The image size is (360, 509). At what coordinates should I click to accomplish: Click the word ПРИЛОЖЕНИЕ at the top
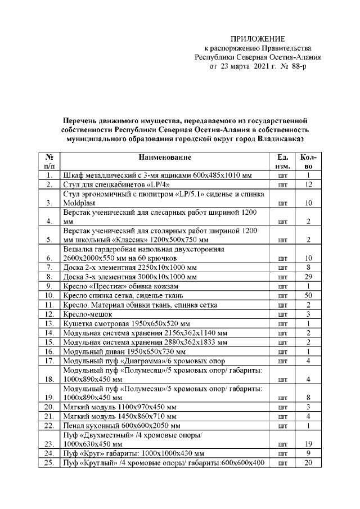tap(258, 39)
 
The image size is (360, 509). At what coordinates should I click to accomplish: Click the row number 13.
tap(49, 323)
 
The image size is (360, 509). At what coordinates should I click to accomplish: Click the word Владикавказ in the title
tap(281, 137)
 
